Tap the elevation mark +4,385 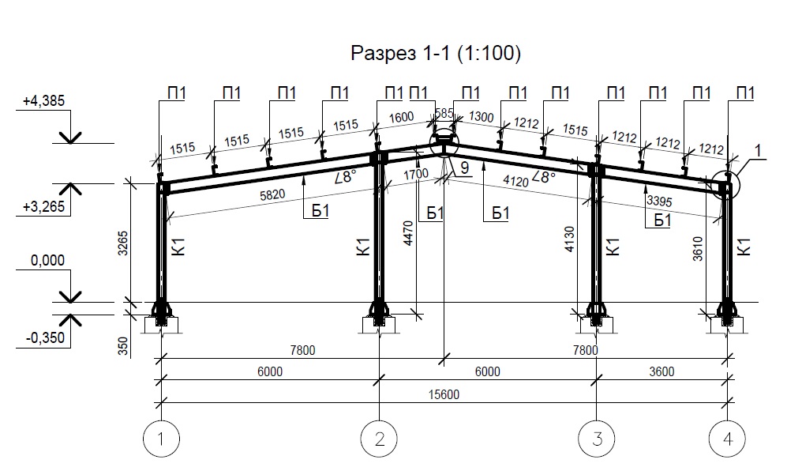43,100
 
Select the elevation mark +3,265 43,206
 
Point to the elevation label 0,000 47,260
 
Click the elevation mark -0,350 46,337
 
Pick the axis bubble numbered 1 161,439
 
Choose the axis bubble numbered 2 379,439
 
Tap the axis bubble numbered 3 597,439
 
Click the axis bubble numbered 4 727,439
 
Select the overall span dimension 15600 444,394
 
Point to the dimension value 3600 661,371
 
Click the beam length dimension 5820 272,194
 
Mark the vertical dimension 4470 408,233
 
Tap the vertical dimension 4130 568,239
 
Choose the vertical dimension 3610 698,249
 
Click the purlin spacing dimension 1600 401,118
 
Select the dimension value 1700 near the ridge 416,175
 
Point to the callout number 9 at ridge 464,168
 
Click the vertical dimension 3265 123,243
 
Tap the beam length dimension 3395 659,201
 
